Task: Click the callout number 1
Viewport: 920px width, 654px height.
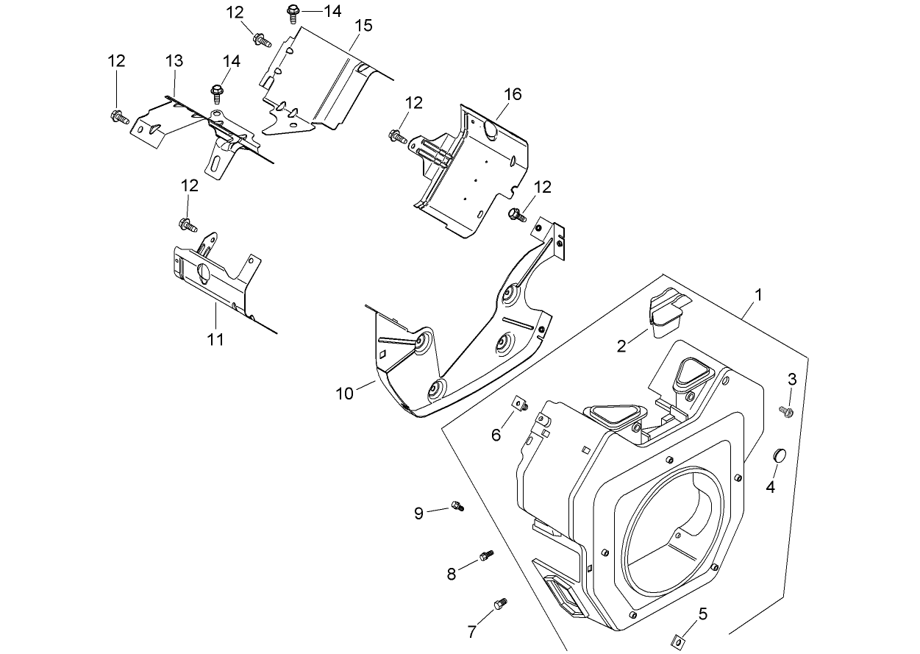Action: pos(758,295)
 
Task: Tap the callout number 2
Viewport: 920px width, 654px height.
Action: pos(622,346)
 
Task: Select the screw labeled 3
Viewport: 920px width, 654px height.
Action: pos(786,410)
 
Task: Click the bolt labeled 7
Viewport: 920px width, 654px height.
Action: pos(502,603)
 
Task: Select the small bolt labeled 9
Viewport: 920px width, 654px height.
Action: pos(457,506)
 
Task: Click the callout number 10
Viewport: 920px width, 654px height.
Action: pos(345,393)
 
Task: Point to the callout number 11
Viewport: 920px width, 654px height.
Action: pos(215,339)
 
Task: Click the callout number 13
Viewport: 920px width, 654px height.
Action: pos(174,60)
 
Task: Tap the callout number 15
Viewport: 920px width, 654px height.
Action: pos(363,25)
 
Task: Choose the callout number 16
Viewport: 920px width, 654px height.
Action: pos(513,94)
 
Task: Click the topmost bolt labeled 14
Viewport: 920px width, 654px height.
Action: pos(293,12)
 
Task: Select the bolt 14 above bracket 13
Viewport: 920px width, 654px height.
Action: pos(217,93)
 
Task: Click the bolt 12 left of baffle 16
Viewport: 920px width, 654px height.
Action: pos(397,135)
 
